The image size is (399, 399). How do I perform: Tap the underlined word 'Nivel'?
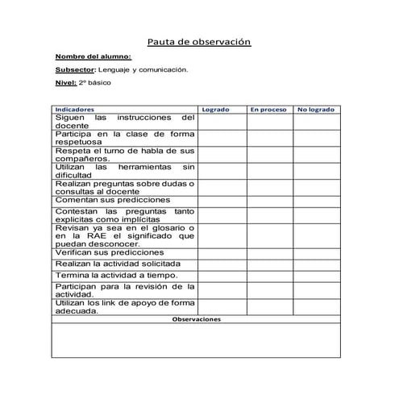(x=64, y=83)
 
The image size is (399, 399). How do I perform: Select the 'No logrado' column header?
(x=316, y=108)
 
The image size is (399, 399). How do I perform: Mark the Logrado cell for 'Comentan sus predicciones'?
(x=222, y=200)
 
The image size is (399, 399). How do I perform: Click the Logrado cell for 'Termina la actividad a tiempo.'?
(x=222, y=275)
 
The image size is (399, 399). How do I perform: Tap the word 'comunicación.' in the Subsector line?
(x=163, y=70)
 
